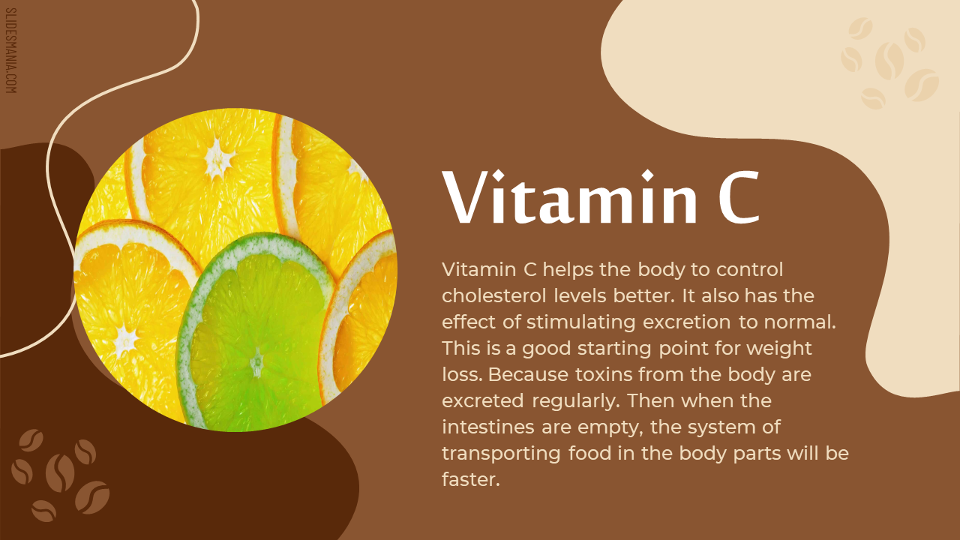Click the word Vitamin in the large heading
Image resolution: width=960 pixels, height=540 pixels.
(569, 196)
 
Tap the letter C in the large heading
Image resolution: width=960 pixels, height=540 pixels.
(739, 196)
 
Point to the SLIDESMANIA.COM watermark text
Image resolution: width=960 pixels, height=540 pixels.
(10, 50)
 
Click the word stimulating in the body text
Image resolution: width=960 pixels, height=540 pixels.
(581, 322)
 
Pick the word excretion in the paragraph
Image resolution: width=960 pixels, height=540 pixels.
(687, 322)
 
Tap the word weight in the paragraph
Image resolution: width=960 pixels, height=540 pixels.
(779, 349)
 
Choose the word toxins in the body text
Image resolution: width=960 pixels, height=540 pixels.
(604, 374)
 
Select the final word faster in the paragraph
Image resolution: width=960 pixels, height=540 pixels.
(471, 479)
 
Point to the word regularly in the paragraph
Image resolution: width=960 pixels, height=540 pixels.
(576, 401)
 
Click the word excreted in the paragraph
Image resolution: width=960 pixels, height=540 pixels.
(483, 401)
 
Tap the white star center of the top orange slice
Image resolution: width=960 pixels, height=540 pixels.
(218, 159)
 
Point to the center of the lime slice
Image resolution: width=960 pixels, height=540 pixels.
(256, 362)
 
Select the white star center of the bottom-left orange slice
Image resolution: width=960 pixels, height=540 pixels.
(124, 340)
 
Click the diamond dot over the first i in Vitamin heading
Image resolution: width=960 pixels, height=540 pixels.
(498, 175)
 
